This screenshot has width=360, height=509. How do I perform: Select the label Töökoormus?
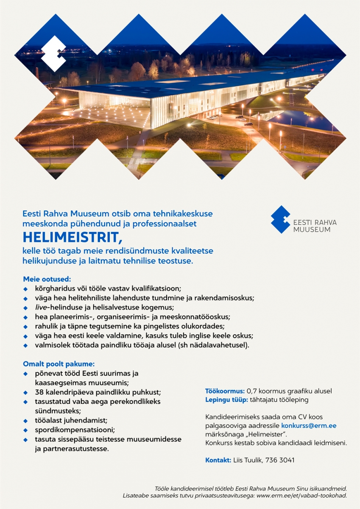pyautogui.click(x=225, y=391)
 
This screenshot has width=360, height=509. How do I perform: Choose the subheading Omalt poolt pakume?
pyautogui.click(x=59, y=364)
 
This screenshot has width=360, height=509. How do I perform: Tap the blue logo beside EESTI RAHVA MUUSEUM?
pyautogui.click(x=280, y=220)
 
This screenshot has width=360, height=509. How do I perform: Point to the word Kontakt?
pyautogui.click(x=218, y=460)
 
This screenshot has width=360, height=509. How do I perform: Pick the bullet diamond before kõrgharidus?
pyautogui.click(x=25, y=288)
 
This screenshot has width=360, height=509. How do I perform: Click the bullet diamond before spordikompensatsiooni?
pyautogui.click(x=25, y=430)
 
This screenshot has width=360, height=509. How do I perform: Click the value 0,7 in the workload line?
pyautogui.click(x=252, y=391)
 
